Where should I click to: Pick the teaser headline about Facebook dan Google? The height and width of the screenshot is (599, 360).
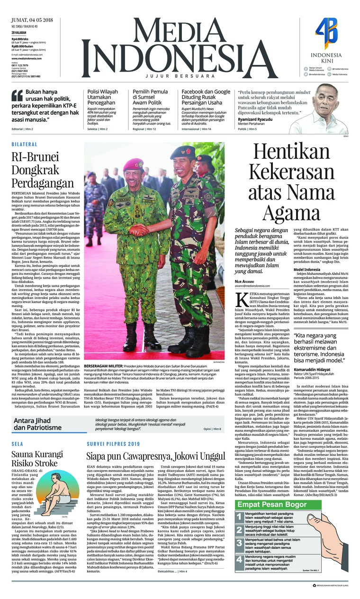click(206, 97)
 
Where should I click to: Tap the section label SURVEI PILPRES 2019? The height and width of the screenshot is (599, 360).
click(113, 444)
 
